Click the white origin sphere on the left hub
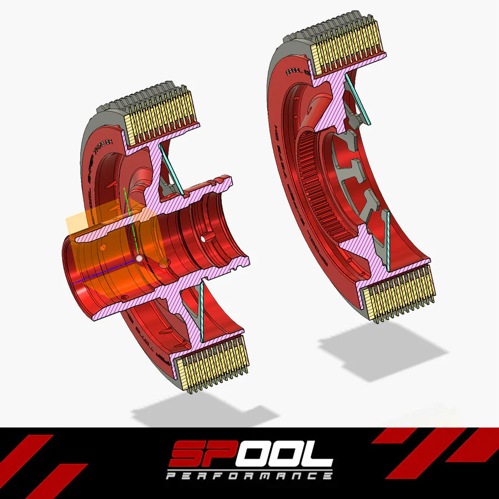(x=139, y=258)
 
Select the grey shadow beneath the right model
(x=383, y=349)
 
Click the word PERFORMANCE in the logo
(x=249, y=476)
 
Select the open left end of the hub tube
(x=75, y=272)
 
